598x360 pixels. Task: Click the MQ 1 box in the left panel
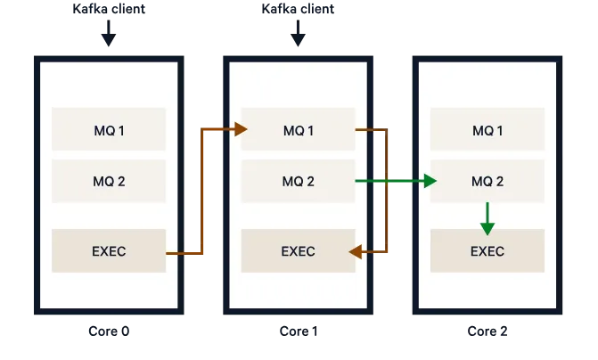pos(109,130)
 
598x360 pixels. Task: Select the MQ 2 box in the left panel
pos(109,182)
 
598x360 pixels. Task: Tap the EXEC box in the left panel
pos(109,251)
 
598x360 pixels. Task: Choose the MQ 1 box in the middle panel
pos(298,130)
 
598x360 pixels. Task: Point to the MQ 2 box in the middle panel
pos(298,182)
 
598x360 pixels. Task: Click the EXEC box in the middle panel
pos(298,251)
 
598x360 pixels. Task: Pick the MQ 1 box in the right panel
pos(487,130)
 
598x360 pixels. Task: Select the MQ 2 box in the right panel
pos(487,182)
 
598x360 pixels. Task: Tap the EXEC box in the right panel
pos(487,251)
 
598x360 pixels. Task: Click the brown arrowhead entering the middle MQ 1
pos(241,130)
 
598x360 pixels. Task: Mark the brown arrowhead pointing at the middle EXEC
pos(355,252)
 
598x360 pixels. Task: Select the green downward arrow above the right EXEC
pos(487,217)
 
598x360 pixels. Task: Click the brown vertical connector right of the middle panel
pos(387,192)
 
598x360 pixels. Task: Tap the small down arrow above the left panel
pos(110,37)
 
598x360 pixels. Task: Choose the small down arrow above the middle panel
pos(298,37)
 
